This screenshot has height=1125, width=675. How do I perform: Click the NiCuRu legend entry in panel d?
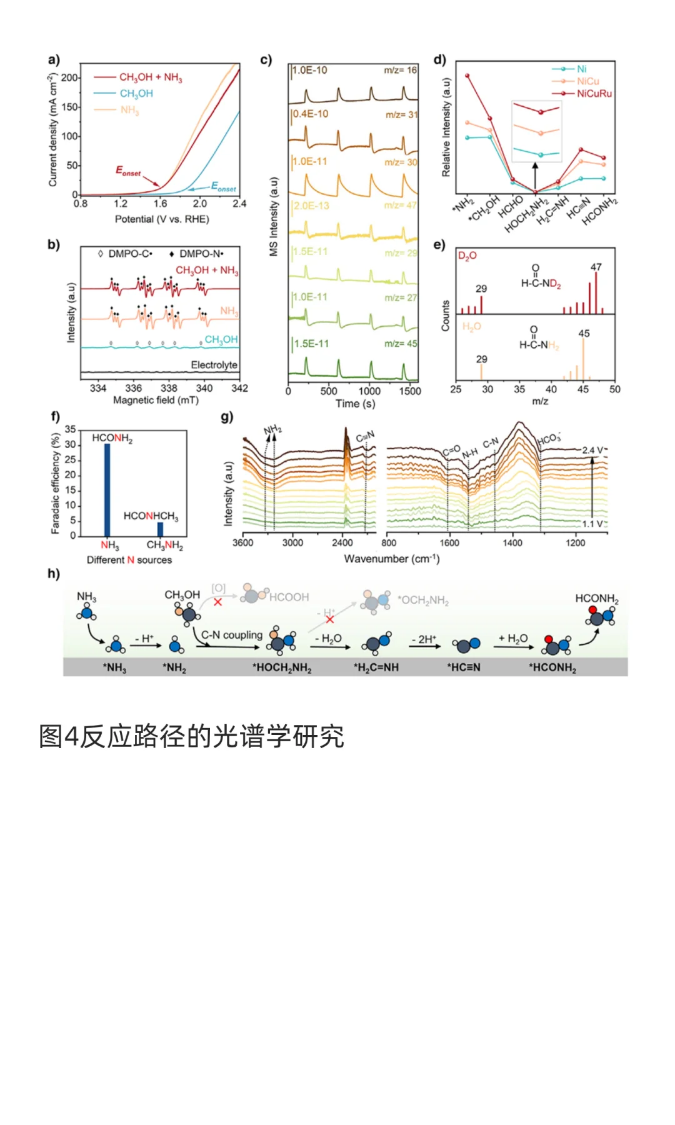coord(594,94)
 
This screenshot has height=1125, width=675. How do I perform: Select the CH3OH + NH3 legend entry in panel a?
coord(151,77)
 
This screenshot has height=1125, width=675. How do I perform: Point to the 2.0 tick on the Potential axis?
coord(200,204)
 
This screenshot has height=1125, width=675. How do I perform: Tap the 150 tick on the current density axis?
coord(70,107)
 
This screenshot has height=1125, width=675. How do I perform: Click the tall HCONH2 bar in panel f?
coord(107,489)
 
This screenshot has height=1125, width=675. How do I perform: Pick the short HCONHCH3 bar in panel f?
coord(161,529)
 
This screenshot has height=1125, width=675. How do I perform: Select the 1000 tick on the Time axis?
coord(369,391)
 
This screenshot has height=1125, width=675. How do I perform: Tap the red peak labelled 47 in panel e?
coord(596,292)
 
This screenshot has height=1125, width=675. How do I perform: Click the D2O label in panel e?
coord(467,256)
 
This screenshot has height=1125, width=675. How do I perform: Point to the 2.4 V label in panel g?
coord(592,450)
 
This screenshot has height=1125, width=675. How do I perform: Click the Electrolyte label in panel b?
coord(214,365)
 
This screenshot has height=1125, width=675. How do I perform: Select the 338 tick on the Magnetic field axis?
coord(169,388)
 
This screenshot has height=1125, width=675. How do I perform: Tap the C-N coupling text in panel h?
coord(232,635)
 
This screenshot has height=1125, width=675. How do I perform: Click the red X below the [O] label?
coord(217,602)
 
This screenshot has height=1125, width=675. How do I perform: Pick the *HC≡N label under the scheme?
coord(464,667)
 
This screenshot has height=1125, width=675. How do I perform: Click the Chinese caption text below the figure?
coord(191,736)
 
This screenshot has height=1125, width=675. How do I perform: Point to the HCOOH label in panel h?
coord(289,597)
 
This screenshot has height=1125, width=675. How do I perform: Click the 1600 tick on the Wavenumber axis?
coord(449,543)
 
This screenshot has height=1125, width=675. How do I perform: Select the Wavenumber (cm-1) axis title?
coord(392,559)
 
